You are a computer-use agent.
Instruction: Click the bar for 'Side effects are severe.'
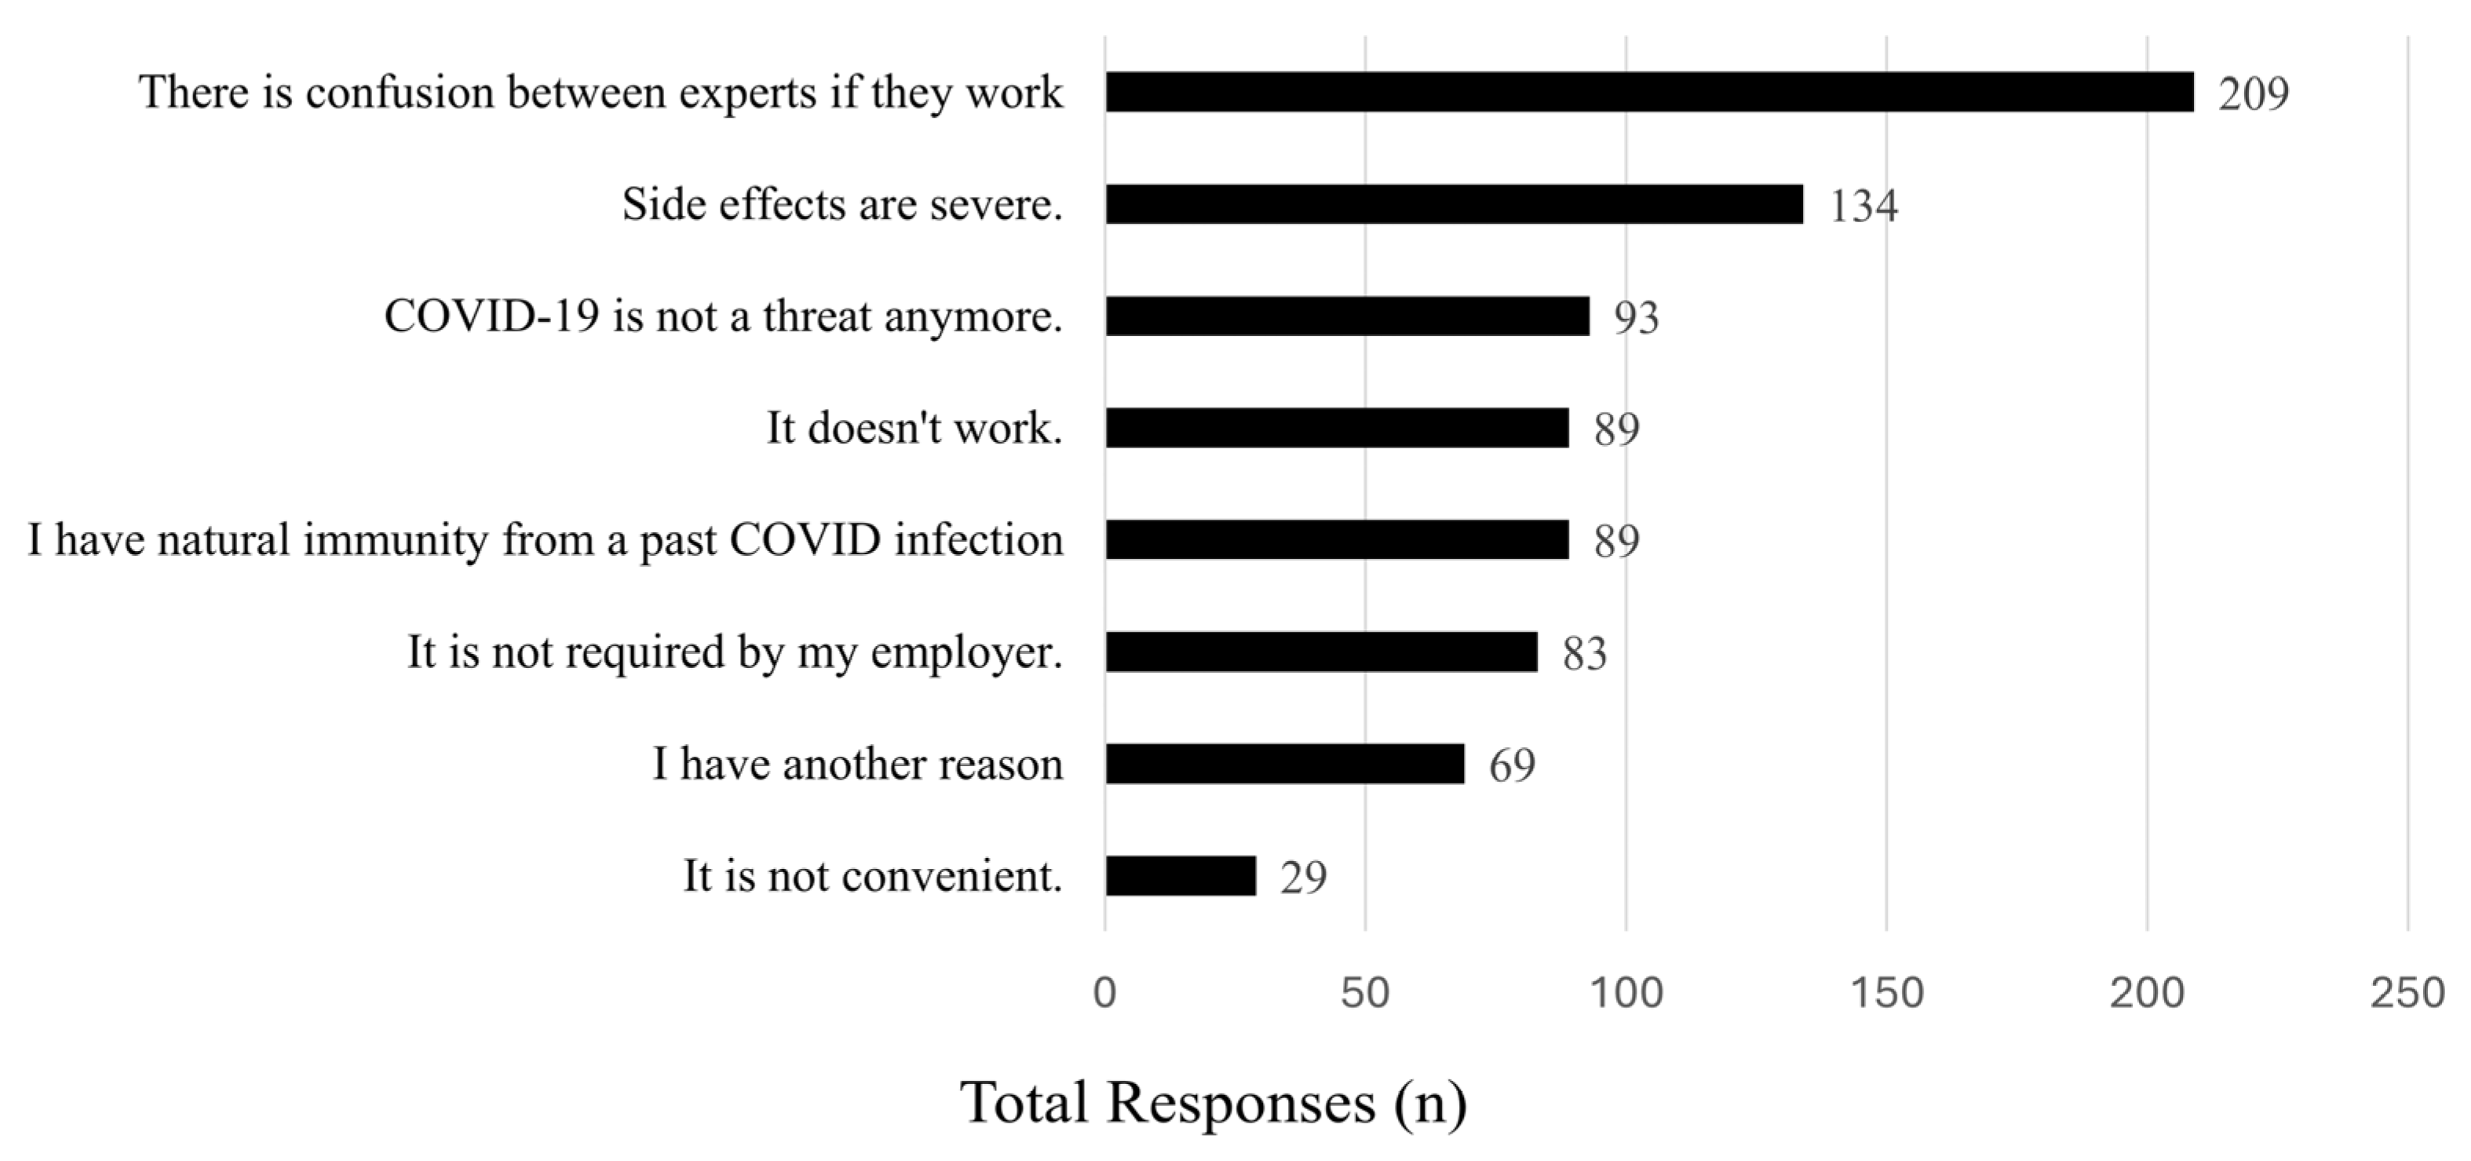(x=1453, y=204)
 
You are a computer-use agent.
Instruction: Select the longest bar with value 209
(x=1649, y=92)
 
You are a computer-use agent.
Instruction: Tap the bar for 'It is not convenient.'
(x=1180, y=876)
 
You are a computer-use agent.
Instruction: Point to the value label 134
(x=1863, y=206)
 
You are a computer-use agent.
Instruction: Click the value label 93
(x=1636, y=318)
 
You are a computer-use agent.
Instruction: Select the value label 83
(x=1584, y=653)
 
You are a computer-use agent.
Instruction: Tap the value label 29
(x=1303, y=877)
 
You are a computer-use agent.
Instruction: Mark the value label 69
(x=1512, y=765)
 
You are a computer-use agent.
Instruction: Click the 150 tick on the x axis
(x=1886, y=993)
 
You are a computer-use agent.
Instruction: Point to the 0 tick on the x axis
(x=1105, y=993)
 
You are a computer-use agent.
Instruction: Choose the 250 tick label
(x=2407, y=993)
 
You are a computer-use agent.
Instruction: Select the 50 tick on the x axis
(x=1365, y=993)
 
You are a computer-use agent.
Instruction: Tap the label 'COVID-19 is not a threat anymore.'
(x=723, y=316)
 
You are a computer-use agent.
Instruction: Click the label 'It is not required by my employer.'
(x=735, y=652)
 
